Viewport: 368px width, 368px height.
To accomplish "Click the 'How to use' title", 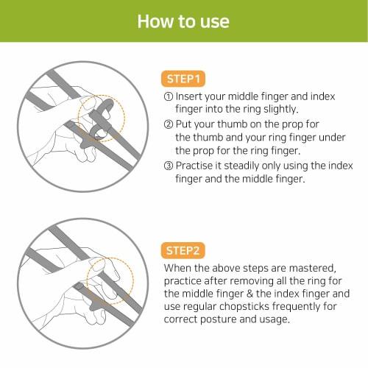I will pos(183,20).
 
